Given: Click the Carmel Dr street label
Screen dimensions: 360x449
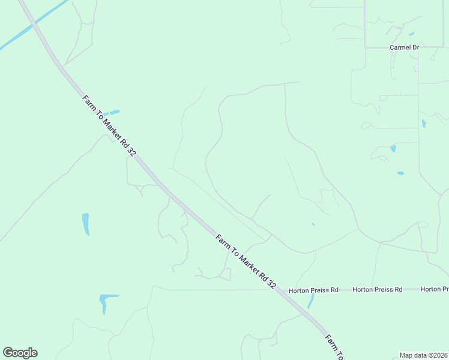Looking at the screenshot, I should click(x=403, y=47).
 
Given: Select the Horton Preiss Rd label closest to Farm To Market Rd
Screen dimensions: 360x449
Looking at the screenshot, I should click(x=313, y=290).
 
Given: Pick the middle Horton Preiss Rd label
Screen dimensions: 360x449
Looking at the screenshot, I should click(x=377, y=289).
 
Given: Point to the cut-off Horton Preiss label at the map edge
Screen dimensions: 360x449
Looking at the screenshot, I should click(x=434, y=289).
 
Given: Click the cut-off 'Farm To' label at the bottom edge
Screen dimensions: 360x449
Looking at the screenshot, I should click(x=333, y=347).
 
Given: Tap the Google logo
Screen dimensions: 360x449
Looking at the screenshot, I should click(x=20, y=353).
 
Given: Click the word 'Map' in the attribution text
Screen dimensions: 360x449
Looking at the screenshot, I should click(x=406, y=355).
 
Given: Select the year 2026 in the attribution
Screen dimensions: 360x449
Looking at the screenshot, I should click(x=439, y=355).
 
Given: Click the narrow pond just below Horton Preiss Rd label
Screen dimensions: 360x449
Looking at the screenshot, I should click(x=310, y=301).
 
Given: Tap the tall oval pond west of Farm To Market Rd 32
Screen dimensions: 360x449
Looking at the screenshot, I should click(x=86, y=224).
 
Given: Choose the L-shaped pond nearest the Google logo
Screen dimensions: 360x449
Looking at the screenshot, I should click(x=106, y=301).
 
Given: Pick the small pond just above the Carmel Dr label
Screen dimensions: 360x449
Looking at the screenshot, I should click(x=411, y=34).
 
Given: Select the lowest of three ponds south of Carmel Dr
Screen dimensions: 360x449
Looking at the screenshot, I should click(x=400, y=173).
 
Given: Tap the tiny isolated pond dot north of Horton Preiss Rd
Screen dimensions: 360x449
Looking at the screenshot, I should click(x=313, y=224).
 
